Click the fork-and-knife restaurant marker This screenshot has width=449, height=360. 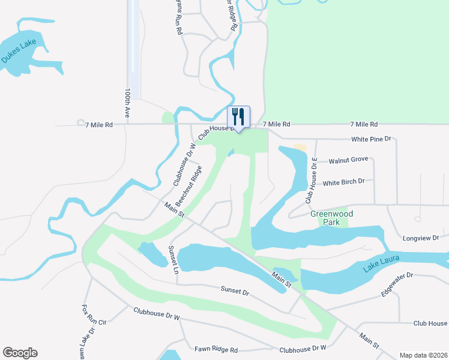[x=238, y=116]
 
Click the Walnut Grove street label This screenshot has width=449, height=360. [x=348, y=160]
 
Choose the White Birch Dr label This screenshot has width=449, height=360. [x=343, y=182]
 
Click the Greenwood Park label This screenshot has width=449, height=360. [x=331, y=218]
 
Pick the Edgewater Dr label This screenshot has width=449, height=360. [x=397, y=284]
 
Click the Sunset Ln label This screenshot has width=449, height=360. [x=173, y=260]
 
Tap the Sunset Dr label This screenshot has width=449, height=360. [x=234, y=292]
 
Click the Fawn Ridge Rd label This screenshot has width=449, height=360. [x=216, y=350]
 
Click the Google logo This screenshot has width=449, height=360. [x=20, y=353]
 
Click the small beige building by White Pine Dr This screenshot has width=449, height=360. [x=300, y=148]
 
